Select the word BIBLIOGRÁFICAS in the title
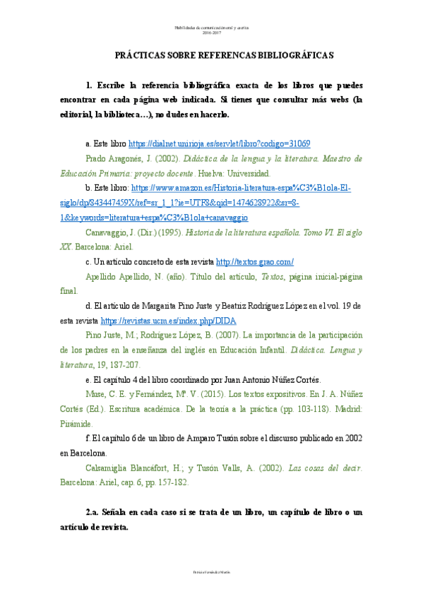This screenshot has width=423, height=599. pyautogui.click(x=293, y=54)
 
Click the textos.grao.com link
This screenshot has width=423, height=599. pyautogui.click(x=254, y=261)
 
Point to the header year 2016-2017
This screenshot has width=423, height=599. pyautogui.click(x=211, y=33)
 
